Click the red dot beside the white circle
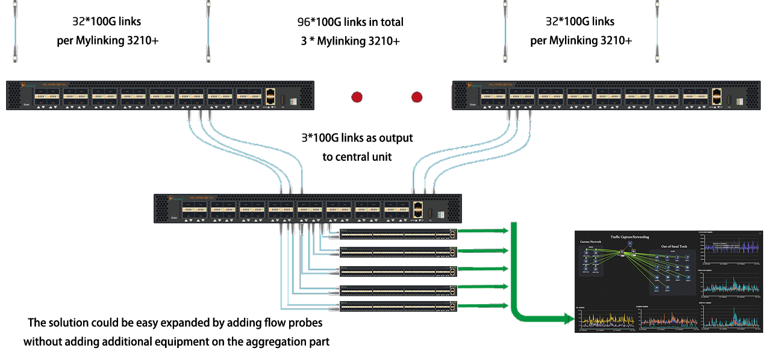click(x=417, y=97)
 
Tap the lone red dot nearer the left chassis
click(x=357, y=97)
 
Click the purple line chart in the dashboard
click(x=729, y=247)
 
